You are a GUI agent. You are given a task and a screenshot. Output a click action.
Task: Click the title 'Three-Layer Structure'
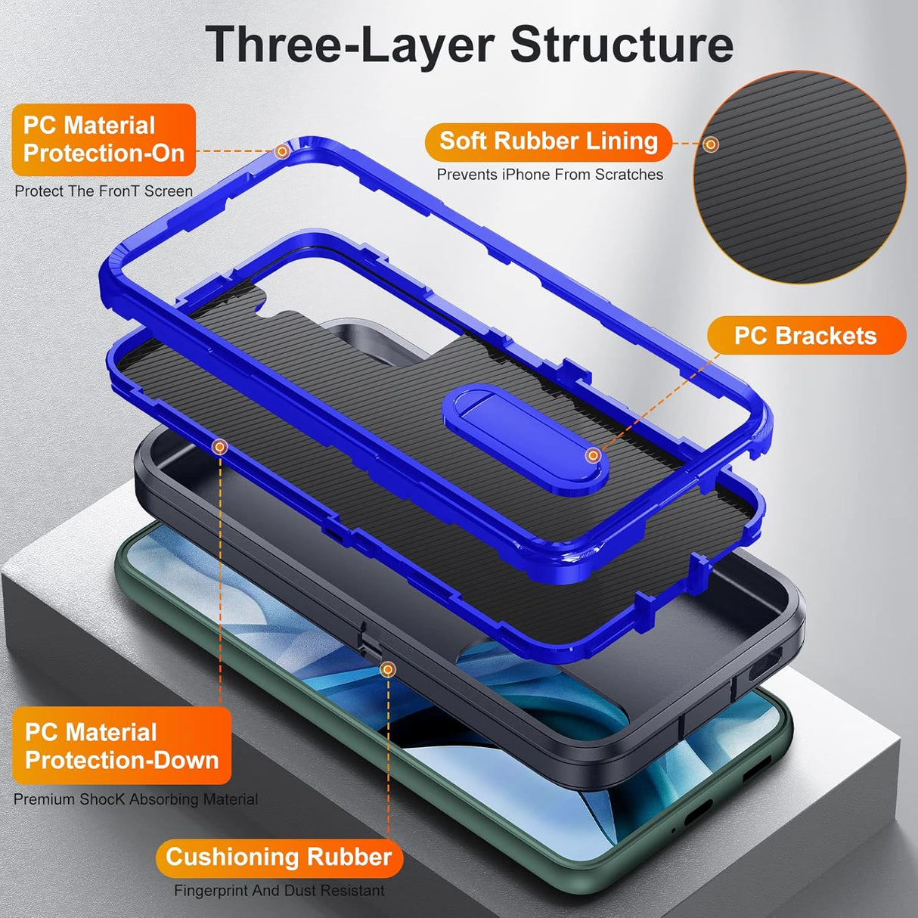[469, 44]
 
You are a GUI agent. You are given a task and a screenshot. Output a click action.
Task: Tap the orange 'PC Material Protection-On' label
[104, 140]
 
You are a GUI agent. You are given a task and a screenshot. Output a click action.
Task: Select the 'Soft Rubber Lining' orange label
[548, 141]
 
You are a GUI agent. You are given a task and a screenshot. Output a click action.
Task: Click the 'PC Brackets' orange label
[805, 336]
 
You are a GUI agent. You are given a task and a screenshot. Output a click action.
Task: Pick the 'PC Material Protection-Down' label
[121, 746]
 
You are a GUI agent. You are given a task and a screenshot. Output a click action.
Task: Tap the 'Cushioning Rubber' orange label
[279, 857]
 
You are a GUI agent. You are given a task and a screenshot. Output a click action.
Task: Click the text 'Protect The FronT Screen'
[104, 191]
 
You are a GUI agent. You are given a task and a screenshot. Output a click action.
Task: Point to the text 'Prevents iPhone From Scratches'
[550, 175]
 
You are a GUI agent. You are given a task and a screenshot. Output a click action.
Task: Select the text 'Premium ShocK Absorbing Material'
[136, 799]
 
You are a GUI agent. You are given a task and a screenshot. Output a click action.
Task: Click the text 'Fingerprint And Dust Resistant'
[279, 891]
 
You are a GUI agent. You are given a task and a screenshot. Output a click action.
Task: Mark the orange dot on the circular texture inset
[710, 144]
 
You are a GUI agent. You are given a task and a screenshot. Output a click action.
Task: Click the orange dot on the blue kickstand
[594, 455]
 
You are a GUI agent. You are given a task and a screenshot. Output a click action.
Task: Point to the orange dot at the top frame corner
[282, 151]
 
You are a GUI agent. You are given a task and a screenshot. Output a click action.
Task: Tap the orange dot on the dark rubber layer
[387, 668]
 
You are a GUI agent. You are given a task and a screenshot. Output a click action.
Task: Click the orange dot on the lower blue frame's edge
[219, 447]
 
